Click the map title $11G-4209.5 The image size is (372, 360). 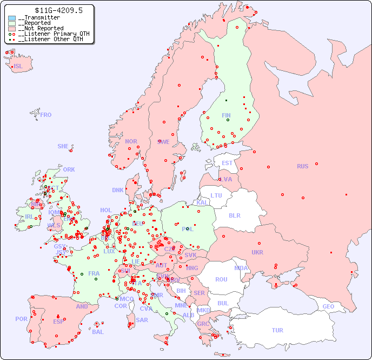[50, 10]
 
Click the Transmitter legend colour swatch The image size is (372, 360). [12, 18]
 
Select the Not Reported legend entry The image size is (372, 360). [41, 28]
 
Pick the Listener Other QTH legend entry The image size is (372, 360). [50, 39]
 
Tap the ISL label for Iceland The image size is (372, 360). [18, 67]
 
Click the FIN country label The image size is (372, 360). [226, 115]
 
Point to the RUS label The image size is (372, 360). [302, 166]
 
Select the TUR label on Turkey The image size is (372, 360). [277, 330]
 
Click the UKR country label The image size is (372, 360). [257, 252]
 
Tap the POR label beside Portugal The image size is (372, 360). [21, 319]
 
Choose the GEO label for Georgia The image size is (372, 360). [328, 306]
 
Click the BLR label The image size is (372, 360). [234, 215]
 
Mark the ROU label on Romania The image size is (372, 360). [221, 279]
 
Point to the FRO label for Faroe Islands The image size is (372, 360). [46, 115]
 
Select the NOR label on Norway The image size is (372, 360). [131, 141]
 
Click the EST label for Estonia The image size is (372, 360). [227, 163]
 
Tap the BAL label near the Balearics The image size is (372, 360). [97, 332]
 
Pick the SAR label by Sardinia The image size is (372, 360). [142, 320]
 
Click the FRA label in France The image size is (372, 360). [94, 273]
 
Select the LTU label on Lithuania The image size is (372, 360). [216, 195]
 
